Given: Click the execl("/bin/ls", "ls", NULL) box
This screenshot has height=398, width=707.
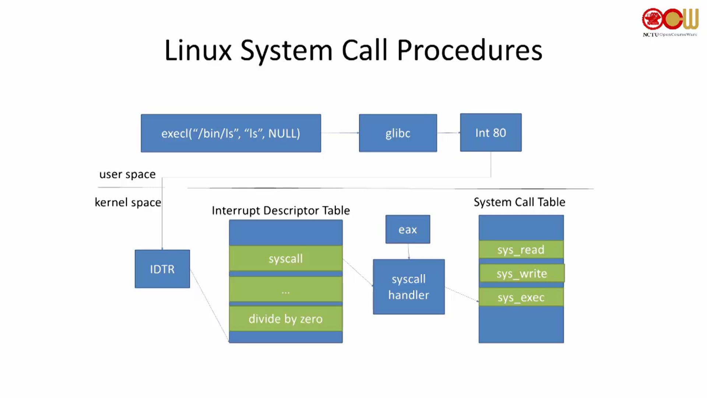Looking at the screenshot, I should [x=231, y=133].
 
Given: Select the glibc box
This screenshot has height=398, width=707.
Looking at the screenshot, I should [x=398, y=133].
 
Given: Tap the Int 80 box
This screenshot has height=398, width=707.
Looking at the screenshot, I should [x=490, y=133].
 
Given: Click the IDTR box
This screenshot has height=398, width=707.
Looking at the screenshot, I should [x=162, y=269].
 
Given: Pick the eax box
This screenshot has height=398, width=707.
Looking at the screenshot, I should [x=408, y=229].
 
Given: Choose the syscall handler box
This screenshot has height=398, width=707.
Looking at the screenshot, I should [x=409, y=287].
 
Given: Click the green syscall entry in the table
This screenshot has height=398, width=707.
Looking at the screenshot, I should [x=286, y=258].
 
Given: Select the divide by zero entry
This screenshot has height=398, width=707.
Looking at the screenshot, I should [x=286, y=319].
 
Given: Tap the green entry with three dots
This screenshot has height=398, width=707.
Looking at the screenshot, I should [x=286, y=290].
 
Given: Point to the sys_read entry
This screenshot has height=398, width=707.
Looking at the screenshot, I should [x=521, y=250].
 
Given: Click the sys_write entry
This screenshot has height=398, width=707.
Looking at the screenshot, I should [x=521, y=273].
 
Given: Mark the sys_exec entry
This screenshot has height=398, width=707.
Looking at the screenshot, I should [x=521, y=297].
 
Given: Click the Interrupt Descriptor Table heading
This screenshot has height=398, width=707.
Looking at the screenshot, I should [x=281, y=210].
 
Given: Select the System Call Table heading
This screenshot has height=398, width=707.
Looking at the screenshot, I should [x=519, y=202].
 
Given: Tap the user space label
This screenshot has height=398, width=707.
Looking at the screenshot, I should [x=127, y=174].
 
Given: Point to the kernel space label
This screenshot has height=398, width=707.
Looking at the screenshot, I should [x=128, y=202].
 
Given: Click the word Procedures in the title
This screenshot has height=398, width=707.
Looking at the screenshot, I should [x=469, y=50].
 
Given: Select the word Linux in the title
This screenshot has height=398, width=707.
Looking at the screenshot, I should [x=198, y=50].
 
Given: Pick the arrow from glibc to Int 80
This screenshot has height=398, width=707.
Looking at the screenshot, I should [x=449, y=133].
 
